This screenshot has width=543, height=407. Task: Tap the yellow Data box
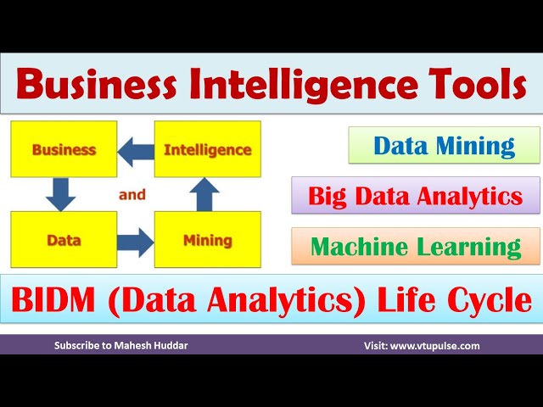pyautogui.click(x=64, y=241)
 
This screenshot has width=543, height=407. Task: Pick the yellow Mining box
pyautogui.click(x=207, y=241)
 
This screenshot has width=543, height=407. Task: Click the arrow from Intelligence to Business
pyautogui.click(x=135, y=152)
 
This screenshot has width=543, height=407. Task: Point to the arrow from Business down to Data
pyautogui.click(x=60, y=194)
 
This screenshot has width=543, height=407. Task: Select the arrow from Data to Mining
pyautogui.click(x=134, y=242)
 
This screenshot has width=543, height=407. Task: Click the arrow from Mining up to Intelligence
pyautogui.click(x=203, y=194)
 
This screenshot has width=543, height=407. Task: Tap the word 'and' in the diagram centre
pyautogui.click(x=132, y=195)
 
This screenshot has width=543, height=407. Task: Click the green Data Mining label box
pyautogui.click(x=444, y=146)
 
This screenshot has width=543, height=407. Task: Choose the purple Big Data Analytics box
pyautogui.click(x=415, y=196)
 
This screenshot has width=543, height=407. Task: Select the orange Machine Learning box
pyautogui.click(x=415, y=246)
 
